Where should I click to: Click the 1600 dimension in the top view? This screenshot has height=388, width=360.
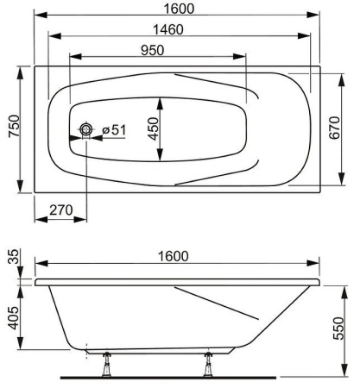tap(179, 9)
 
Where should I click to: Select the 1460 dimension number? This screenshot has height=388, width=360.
tap(168, 29)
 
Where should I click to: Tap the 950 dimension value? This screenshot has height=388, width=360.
tap(153, 50)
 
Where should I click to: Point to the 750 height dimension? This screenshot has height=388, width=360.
tap(14, 126)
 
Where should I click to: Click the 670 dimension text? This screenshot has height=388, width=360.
tap(334, 128)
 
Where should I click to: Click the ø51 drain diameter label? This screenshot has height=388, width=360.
tap(114, 130)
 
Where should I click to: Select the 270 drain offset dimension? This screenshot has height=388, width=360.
tap(61, 210)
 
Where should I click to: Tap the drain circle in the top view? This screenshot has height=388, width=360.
tap(86, 129)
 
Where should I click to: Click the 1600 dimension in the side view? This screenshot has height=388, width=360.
tap(174, 256)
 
